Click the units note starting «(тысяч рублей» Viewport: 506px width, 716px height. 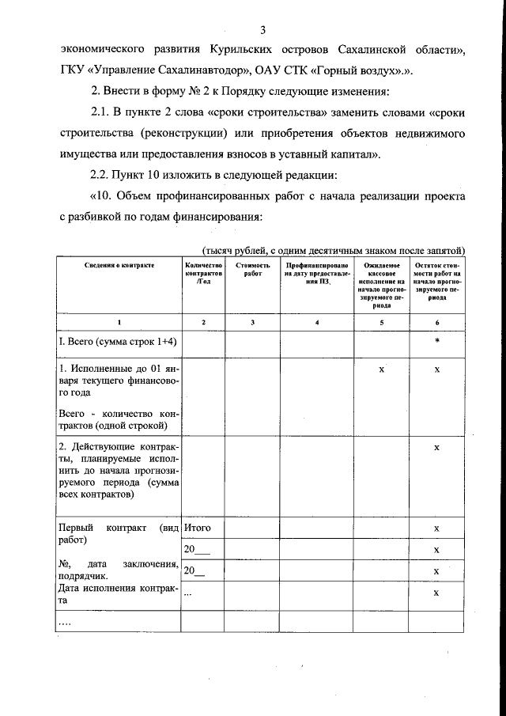(x=333, y=249)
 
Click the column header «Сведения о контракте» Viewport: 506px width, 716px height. (x=119, y=267)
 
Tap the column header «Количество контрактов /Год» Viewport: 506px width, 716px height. (x=204, y=275)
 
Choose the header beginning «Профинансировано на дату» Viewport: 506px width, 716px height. (x=317, y=275)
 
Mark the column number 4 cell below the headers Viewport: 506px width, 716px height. (x=317, y=323)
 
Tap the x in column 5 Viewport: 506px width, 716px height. (x=381, y=370)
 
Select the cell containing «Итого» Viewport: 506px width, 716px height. (x=198, y=528)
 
